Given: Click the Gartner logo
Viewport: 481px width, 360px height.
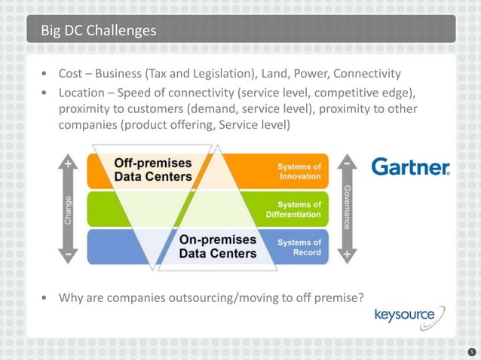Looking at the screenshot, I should (410, 167).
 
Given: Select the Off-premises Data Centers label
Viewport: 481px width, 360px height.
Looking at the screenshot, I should (152, 169).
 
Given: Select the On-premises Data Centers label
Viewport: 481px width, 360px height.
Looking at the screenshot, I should (217, 246).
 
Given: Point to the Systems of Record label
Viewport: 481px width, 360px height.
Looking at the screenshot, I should (299, 247).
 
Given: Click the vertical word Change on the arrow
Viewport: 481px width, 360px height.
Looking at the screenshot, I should (69, 210).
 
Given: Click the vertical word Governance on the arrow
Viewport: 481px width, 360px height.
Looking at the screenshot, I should (347, 206).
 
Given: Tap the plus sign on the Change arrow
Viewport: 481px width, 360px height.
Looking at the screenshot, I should (69, 163).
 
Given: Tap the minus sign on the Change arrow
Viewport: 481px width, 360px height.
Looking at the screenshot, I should (69, 255).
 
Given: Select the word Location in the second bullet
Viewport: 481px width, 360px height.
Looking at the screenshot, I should (84, 93).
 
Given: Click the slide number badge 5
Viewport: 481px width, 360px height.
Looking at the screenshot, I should (470, 351).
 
